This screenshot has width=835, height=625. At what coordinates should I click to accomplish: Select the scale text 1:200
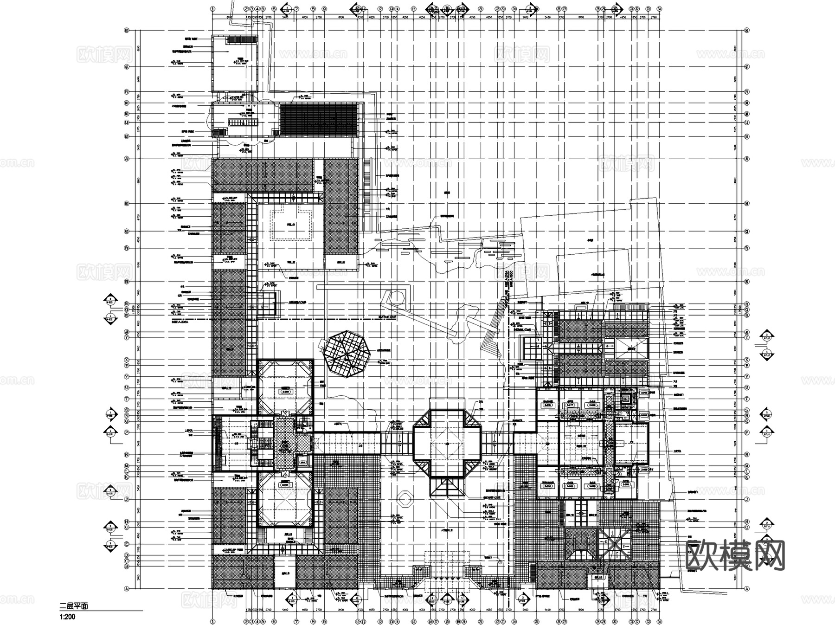pyautogui.click(x=67, y=617)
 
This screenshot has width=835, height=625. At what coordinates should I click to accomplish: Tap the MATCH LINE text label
pyautogui.click(x=387, y=317)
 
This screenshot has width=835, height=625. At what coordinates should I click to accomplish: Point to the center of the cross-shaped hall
pyautogui.click(x=447, y=444)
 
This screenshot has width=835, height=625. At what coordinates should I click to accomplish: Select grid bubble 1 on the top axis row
pyautogui.click(x=212, y=8)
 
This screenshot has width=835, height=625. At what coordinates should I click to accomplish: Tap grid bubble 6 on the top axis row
pyautogui.click(x=274, y=8)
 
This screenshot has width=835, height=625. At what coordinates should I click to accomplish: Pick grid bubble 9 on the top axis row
pyautogui.click(x=324, y=8)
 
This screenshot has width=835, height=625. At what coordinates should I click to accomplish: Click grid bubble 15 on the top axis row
pyautogui.click(x=413, y=8)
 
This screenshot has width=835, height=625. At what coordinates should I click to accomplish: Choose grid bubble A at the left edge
pyautogui.click(x=126, y=589)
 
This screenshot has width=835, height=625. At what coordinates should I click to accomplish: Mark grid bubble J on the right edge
pyautogui.click(x=747, y=499)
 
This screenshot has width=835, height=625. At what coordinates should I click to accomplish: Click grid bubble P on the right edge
pyautogui.click(x=747, y=432)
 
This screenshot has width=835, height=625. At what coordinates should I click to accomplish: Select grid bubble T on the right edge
pyautogui.click(x=747, y=399)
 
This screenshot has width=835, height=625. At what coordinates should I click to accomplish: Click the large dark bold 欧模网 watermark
pyautogui.click(x=735, y=555)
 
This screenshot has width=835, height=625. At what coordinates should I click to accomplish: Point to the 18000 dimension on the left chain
pyautogui.click(x=137, y=181)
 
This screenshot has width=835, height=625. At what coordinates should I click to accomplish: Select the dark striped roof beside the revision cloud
pyautogui.click(x=320, y=120)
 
